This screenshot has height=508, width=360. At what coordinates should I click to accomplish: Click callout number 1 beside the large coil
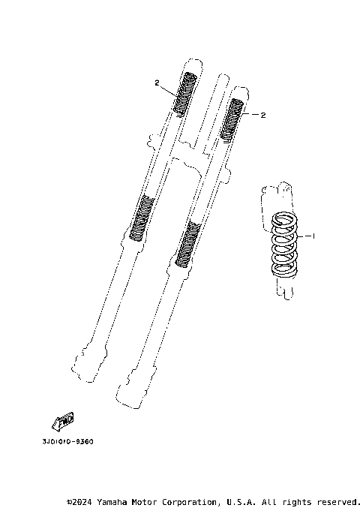pos(313,236)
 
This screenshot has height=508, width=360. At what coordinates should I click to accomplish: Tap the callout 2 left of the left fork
pos(157,83)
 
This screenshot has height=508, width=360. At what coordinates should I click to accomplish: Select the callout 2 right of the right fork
pos(263,116)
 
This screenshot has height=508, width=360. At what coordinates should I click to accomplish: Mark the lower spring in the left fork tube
pos(142,217)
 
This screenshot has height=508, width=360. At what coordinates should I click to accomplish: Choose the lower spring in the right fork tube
pos(187,244)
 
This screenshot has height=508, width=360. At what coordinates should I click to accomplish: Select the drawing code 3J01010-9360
pos(64,441)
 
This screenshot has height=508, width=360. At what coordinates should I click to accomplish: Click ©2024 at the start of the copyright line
pos(79,501)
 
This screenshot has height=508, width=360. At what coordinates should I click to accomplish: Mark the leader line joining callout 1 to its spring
pos(304,236)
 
